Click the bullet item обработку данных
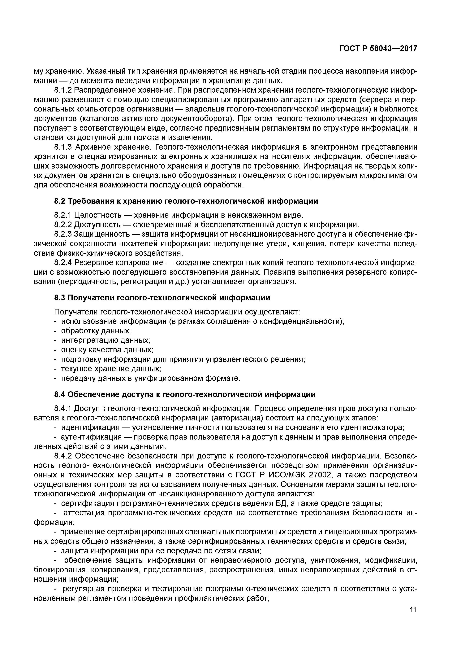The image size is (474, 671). (x=96, y=331)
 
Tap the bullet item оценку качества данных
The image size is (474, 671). (x=107, y=350)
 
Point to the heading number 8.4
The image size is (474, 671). (x=60, y=395)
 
